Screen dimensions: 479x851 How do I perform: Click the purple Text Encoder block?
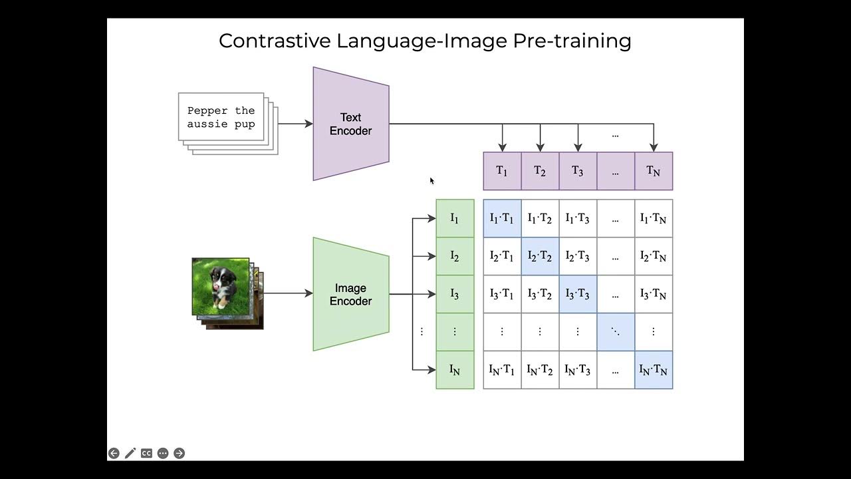tap(350, 124)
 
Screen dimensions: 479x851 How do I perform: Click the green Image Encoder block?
tap(350, 294)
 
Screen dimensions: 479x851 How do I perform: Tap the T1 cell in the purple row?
tap(502, 171)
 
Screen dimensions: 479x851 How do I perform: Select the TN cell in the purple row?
tap(654, 171)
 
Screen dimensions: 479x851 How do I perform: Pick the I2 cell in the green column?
tap(455, 256)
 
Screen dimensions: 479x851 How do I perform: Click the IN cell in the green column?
tap(455, 370)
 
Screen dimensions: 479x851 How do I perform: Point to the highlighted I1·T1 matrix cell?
tap(502, 218)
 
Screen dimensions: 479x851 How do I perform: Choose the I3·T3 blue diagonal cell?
tap(578, 294)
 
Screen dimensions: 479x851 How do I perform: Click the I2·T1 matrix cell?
tap(502, 256)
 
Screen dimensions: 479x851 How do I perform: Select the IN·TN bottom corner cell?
tap(654, 370)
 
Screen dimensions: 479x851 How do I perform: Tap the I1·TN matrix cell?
tap(654, 218)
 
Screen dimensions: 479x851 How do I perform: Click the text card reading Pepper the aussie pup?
tap(221, 117)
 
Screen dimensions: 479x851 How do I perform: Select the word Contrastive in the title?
tap(275, 41)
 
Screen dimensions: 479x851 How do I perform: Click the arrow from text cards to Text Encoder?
tap(295, 124)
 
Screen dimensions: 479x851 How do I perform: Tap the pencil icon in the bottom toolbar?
tap(130, 453)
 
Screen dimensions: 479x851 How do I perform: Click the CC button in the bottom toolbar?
tap(146, 453)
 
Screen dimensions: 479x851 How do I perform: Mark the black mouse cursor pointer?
tap(431, 180)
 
